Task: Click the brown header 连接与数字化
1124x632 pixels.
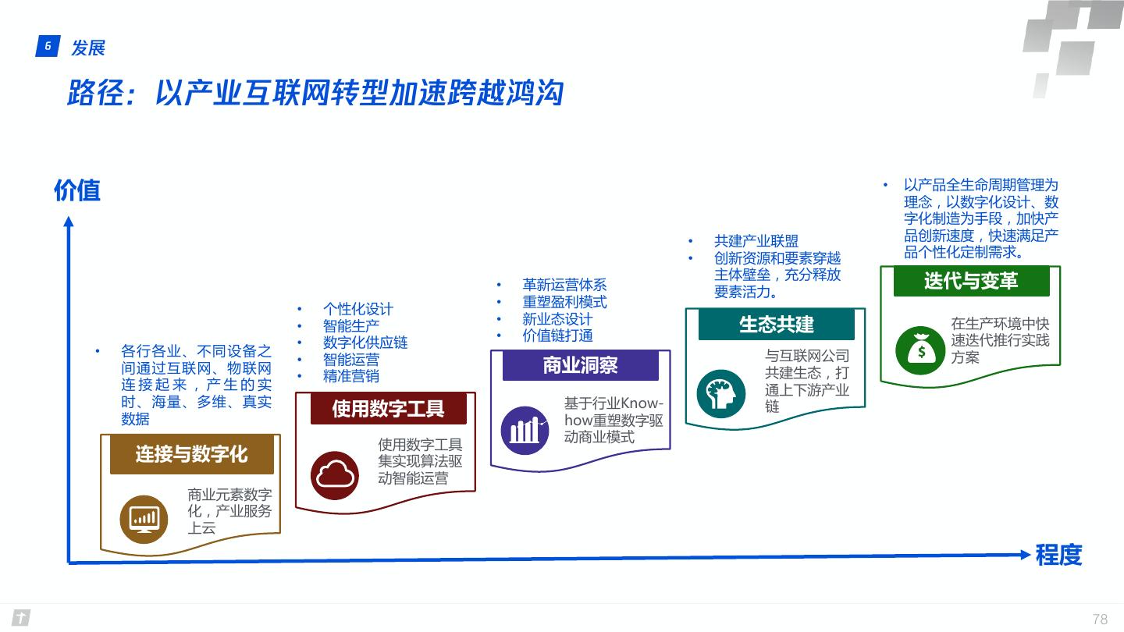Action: click(x=191, y=455)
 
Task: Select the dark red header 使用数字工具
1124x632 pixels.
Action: click(x=388, y=408)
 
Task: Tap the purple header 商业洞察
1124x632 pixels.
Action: click(x=580, y=365)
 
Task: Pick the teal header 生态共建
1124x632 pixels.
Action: click(x=776, y=325)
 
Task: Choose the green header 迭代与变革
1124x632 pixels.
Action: click(x=971, y=281)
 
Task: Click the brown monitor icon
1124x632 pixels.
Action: click(x=144, y=519)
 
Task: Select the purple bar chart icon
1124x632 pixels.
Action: click(x=525, y=430)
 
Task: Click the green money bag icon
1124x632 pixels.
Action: click(x=920, y=350)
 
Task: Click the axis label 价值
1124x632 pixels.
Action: click(x=77, y=190)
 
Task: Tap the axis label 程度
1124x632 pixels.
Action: click(x=1058, y=555)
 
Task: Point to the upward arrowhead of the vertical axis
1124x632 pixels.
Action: click(x=69, y=223)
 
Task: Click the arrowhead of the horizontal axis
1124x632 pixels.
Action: click(x=1026, y=554)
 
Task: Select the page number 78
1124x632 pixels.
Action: click(x=1100, y=620)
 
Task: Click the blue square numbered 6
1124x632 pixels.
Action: click(x=48, y=48)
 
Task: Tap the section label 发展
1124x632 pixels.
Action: click(x=87, y=48)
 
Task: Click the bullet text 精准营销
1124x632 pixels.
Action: click(x=351, y=376)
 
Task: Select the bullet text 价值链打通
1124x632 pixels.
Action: click(x=557, y=336)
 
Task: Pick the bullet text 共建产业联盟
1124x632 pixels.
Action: click(x=756, y=241)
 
